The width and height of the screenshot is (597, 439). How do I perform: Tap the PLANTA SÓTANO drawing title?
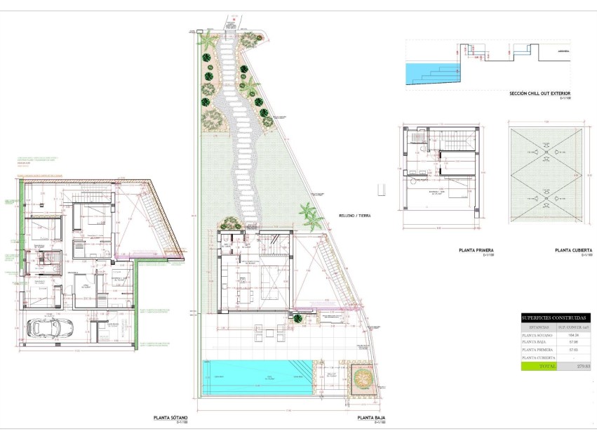pos(170,418)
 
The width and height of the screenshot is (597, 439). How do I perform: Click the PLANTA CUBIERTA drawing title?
pos(573,250)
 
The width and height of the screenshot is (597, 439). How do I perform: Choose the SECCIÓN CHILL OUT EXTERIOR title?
pos(540,93)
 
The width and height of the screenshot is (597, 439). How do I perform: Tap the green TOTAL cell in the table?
pos(539,366)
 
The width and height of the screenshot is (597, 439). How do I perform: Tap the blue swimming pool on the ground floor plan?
pos(256,378)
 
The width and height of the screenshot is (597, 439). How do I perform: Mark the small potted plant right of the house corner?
pos(298,318)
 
